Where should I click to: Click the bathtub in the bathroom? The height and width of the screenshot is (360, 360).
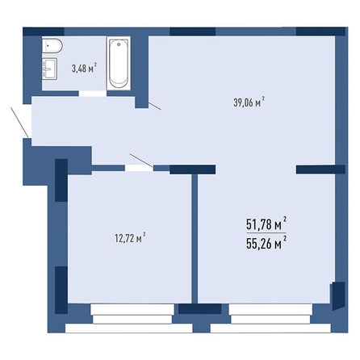tap(119, 63)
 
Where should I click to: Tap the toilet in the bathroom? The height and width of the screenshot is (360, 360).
tap(52, 46)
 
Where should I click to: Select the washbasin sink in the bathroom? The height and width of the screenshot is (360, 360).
tap(49, 69)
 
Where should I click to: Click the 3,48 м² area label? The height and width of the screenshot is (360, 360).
tap(84, 69)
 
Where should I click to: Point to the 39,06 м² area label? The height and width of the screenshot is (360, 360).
tap(249, 103)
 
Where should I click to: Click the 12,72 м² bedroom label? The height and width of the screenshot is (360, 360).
tap(130, 238)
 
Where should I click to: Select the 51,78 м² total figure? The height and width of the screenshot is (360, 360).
tap(266, 224)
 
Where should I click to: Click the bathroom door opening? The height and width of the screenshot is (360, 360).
tap(93, 94)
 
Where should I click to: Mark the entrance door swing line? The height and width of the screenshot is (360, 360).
tap(19, 122)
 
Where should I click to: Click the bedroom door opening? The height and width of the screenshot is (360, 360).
tap(139, 168)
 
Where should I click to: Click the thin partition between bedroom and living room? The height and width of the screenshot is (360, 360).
tap(195, 239)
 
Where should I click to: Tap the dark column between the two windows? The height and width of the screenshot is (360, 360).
tap(199, 309)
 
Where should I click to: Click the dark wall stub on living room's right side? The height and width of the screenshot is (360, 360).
tap(320, 170)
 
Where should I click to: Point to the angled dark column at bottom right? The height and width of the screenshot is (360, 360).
tap(338, 295)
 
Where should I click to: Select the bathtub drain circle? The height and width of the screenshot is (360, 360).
tap(119, 44)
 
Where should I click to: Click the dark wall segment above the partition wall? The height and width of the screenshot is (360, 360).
tap(193, 170)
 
